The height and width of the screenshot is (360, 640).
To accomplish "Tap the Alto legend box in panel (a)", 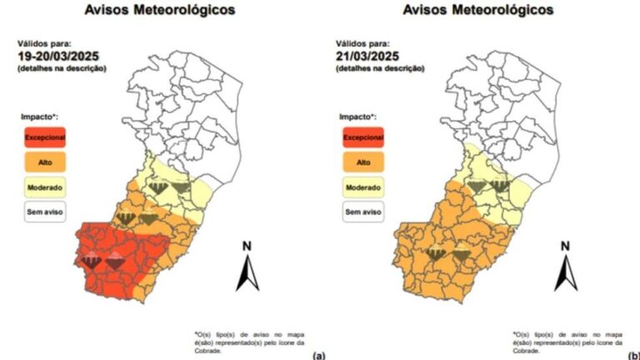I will (x=43, y=161).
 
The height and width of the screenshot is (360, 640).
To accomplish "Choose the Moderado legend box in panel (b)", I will (x=363, y=187).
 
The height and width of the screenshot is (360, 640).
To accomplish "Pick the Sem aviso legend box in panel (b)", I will (x=363, y=212).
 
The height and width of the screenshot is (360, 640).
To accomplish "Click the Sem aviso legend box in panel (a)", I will (x=43, y=212).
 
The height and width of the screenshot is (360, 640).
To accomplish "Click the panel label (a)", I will (x=318, y=355).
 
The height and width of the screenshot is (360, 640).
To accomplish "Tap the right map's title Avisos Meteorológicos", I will (x=478, y=11).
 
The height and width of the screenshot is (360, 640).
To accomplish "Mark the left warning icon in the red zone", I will (x=92, y=263).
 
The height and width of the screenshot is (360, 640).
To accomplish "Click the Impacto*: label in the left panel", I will (x=40, y=117).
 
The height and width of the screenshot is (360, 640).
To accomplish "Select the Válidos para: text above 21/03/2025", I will (x=363, y=42).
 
